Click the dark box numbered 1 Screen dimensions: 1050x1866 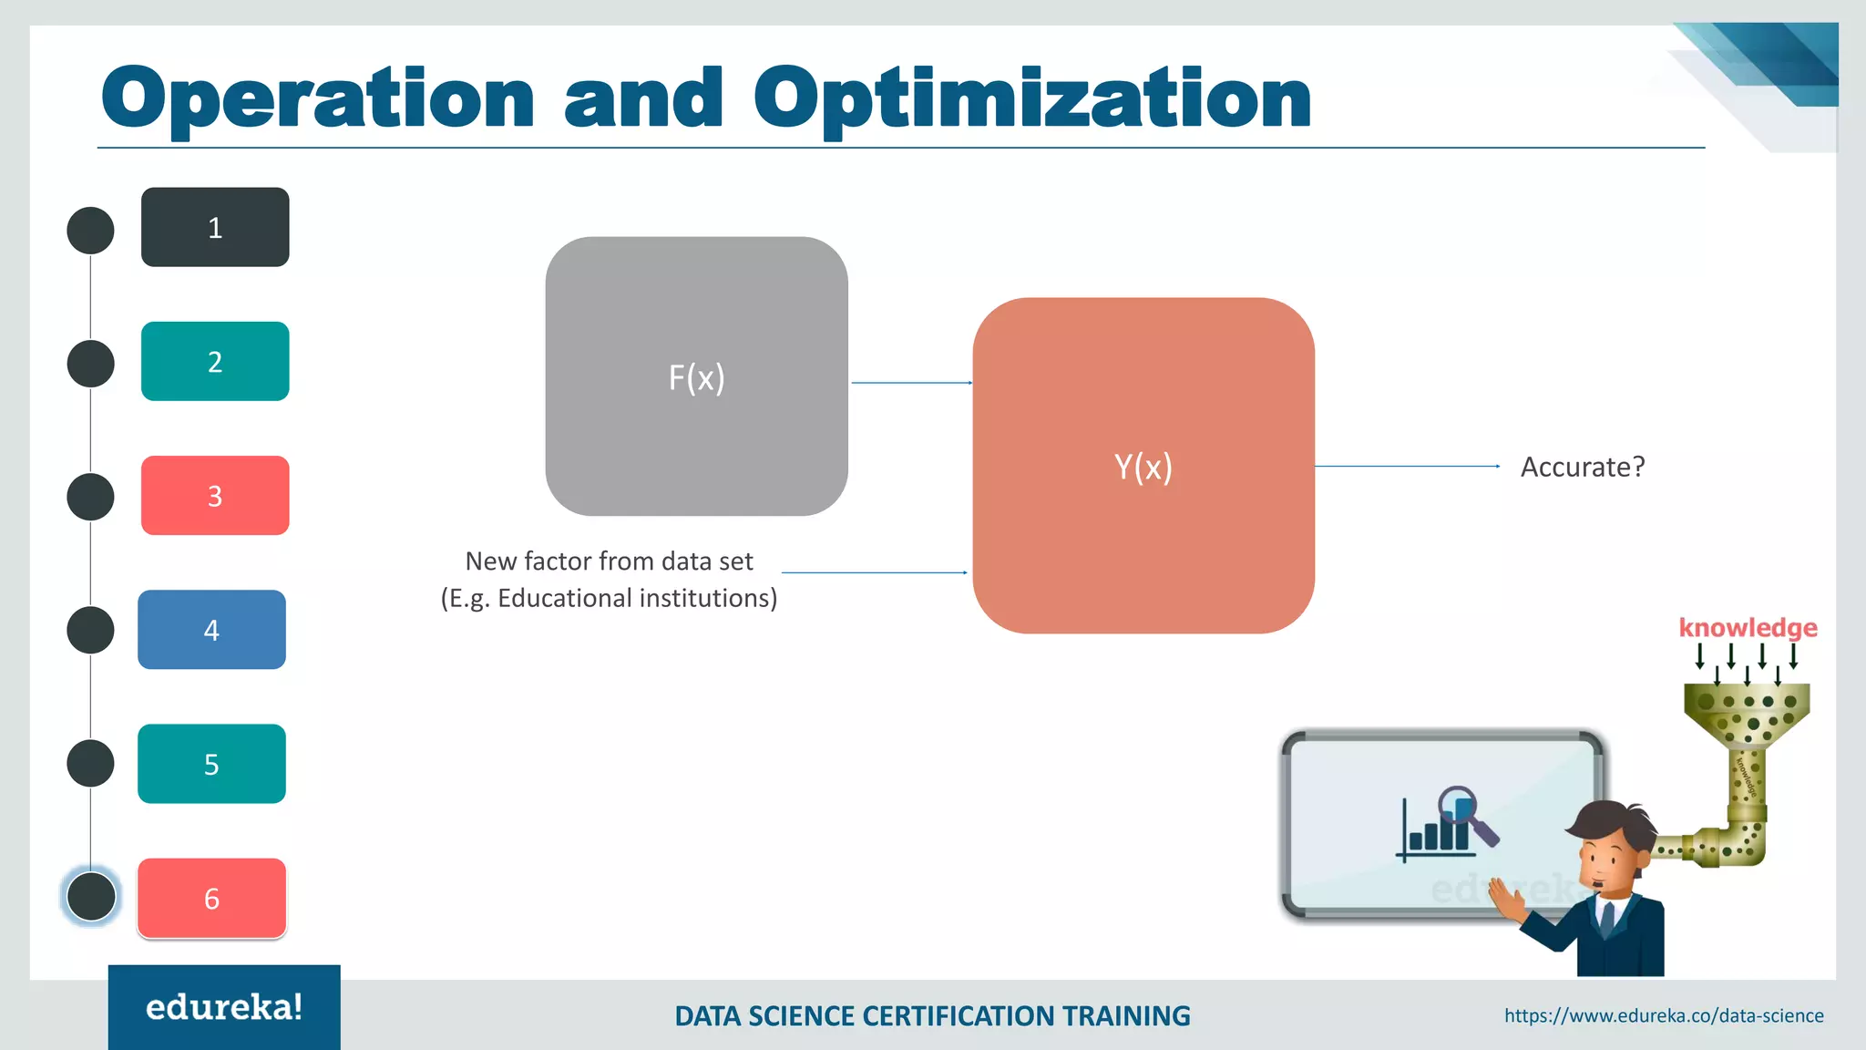(x=215, y=227)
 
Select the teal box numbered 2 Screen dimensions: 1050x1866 (x=215, y=361)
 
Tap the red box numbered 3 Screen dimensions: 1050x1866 (x=215, y=495)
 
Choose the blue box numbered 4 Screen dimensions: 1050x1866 (x=211, y=629)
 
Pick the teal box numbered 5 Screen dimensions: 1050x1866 (x=211, y=763)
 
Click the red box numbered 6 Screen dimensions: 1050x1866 (x=211, y=898)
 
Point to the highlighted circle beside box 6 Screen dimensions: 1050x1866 (x=91, y=896)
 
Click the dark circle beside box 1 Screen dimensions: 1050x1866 (x=90, y=230)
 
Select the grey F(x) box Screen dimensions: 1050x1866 (x=696, y=376)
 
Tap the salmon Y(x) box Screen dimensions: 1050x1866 (x=1143, y=466)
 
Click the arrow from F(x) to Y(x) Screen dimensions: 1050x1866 (x=911, y=383)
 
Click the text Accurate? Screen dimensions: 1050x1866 (x=1583, y=467)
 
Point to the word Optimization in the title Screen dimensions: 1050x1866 (x=1031, y=98)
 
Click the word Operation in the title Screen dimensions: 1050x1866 (x=317, y=98)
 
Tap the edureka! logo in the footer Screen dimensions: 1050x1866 (x=224, y=1007)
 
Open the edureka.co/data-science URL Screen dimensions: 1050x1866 (x=1664, y=1015)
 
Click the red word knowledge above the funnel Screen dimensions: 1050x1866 (x=1748, y=628)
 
